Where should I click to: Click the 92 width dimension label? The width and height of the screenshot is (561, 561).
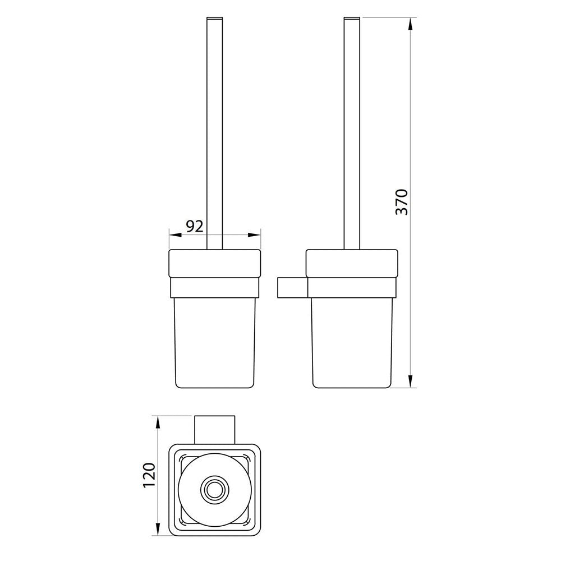(x=195, y=226)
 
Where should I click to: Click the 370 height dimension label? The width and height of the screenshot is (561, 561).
(x=402, y=202)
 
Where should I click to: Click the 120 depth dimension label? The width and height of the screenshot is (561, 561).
(x=149, y=475)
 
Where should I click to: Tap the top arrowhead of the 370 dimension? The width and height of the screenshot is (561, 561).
(x=411, y=25)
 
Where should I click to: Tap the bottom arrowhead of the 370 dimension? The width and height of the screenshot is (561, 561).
(x=411, y=380)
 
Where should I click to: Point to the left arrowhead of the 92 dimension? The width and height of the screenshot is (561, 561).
(x=175, y=235)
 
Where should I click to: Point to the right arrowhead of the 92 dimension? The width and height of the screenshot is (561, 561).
(x=254, y=235)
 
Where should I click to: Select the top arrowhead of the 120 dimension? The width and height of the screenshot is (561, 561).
(x=158, y=423)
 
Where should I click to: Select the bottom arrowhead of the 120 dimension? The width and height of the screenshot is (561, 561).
(x=158, y=528)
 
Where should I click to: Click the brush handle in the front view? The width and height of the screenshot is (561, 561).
(x=215, y=133)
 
